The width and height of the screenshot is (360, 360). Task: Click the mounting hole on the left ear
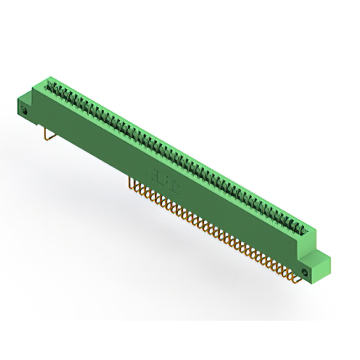[25, 111]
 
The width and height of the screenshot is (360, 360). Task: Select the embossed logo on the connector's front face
[163, 180]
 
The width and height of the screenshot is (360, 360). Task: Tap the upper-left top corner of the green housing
[49, 79]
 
